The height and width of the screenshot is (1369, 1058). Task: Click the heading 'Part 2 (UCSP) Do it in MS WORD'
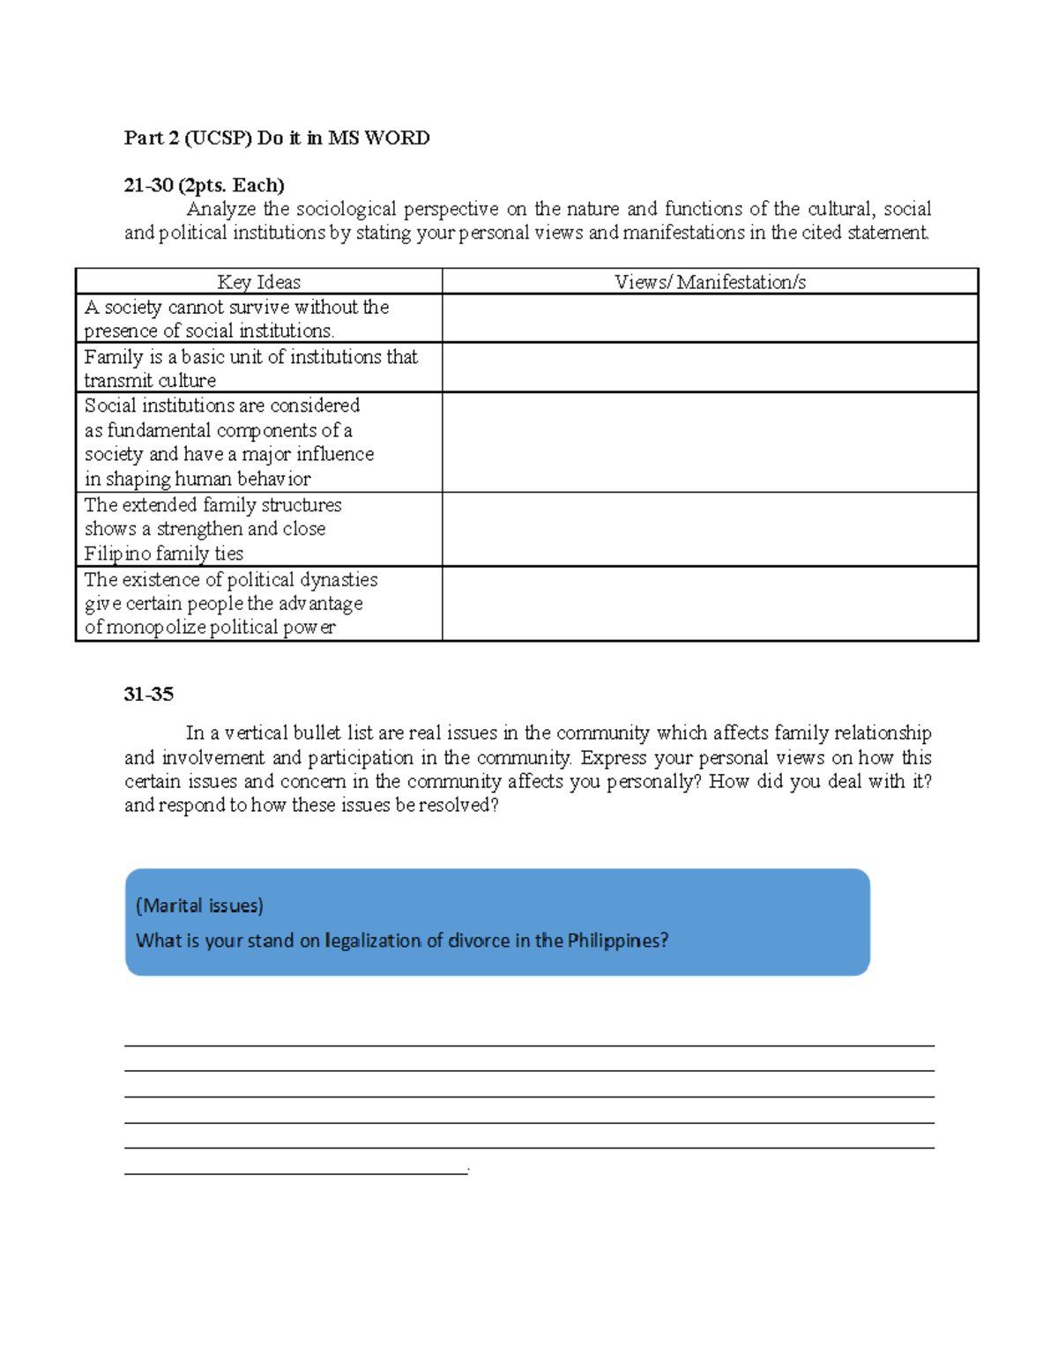(x=277, y=138)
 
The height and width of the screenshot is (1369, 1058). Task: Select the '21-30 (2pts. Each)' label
(x=204, y=185)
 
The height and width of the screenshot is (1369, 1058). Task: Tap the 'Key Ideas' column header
(x=258, y=282)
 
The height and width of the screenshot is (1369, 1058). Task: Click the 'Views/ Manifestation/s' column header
(x=710, y=282)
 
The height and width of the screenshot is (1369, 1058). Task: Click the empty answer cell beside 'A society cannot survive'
(x=710, y=318)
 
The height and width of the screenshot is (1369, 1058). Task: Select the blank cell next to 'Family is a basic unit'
(x=710, y=368)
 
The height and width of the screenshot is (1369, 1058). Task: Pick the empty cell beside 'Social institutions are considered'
(x=710, y=443)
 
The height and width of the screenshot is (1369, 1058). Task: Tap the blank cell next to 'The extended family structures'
(x=710, y=529)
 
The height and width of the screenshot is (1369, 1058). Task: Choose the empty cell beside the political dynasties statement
(x=710, y=604)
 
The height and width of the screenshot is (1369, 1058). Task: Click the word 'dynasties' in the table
(x=339, y=580)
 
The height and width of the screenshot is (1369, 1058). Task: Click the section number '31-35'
(x=148, y=695)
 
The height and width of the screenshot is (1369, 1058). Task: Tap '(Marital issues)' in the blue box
(x=199, y=905)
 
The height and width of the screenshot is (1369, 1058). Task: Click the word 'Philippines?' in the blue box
(x=617, y=941)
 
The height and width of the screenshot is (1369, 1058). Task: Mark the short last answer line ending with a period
(x=296, y=1172)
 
